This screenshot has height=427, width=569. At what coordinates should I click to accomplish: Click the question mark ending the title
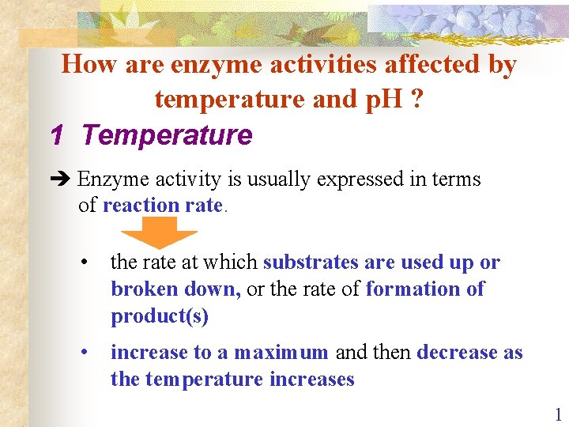[415, 100]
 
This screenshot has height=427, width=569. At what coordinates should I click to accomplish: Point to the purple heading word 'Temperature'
[167, 136]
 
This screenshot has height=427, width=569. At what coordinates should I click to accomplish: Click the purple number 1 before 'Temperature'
[56, 136]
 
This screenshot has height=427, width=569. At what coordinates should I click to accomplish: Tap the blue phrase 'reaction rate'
[163, 206]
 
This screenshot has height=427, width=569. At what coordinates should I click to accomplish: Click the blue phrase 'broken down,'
[175, 289]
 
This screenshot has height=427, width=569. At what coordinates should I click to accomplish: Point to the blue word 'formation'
[415, 289]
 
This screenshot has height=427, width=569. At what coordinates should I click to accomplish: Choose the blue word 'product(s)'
[160, 316]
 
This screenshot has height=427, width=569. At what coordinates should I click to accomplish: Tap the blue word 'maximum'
[281, 353]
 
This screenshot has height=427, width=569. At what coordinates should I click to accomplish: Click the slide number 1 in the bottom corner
[557, 414]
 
